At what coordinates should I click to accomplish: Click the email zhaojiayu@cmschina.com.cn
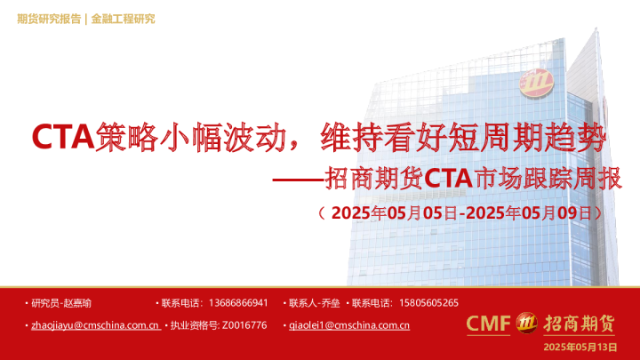[x=95, y=325]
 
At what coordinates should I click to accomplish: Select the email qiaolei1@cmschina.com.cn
[x=349, y=325]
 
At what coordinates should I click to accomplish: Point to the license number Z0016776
[x=244, y=325]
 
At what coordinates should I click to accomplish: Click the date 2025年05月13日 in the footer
[x=580, y=346]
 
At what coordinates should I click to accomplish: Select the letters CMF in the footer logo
[x=489, y=324]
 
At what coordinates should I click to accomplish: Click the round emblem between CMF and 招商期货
[x=527, y=323]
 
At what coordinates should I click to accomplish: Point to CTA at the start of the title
[x=62, y=138]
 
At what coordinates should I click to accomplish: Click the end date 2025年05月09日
[x=529, y=213]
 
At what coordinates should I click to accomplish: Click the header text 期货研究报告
[x=48, y=19]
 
